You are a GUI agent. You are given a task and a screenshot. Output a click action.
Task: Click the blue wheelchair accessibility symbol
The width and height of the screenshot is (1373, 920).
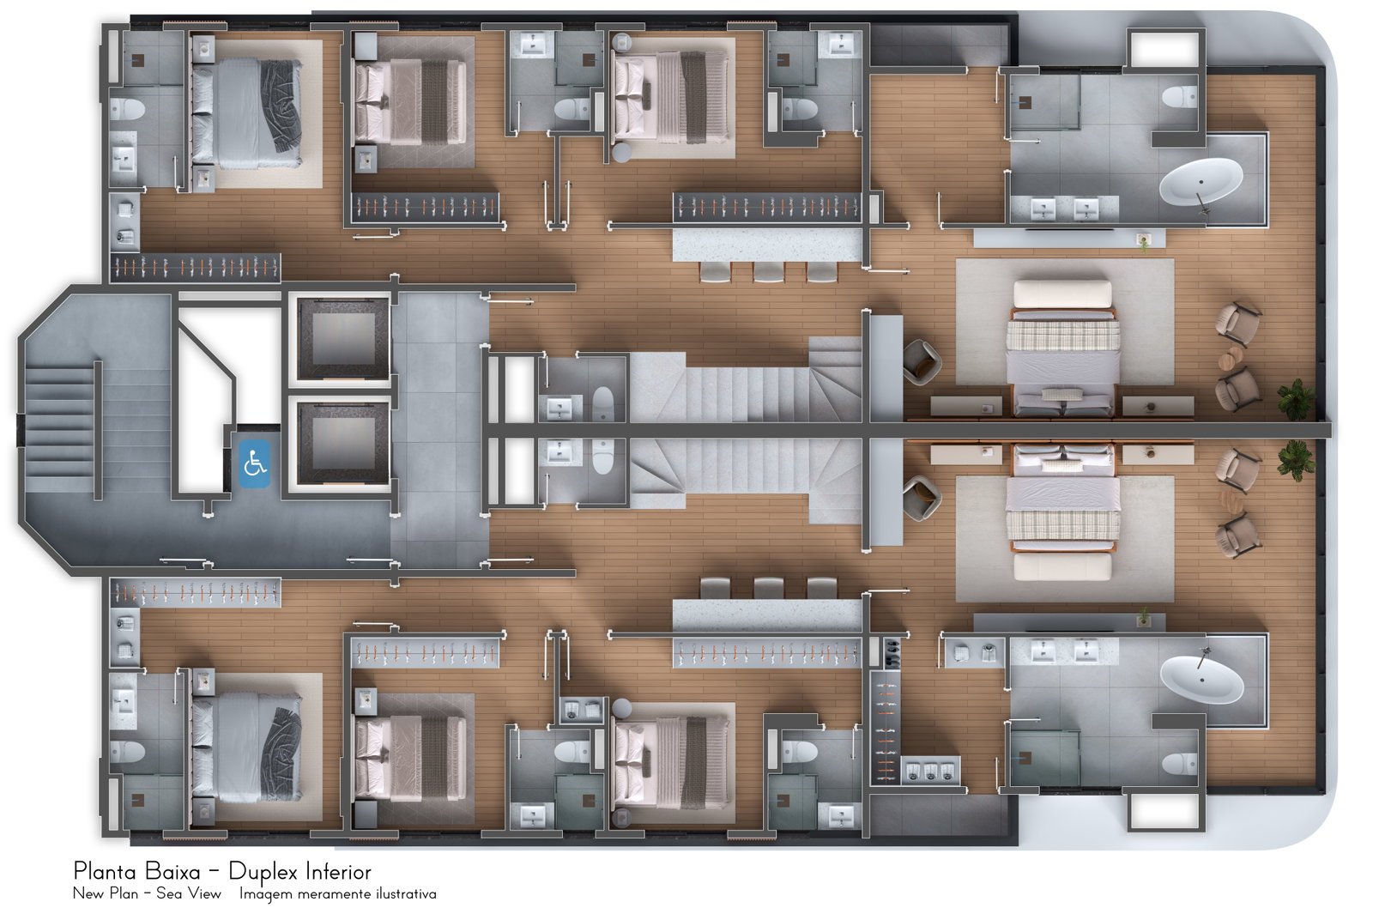coord(254,463)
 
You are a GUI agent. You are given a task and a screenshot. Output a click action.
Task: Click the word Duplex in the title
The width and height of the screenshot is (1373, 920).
coord(263,872)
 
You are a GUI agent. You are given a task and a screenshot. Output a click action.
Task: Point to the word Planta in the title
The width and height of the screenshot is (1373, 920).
coord(106,871)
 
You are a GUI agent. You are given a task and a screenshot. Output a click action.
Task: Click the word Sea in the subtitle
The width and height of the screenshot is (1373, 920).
coord(169,893)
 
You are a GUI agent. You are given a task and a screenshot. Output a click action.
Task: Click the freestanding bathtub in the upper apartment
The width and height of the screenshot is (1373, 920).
coord(1201,181)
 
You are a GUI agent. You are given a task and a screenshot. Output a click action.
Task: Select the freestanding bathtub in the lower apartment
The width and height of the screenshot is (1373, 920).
coord(1201,680)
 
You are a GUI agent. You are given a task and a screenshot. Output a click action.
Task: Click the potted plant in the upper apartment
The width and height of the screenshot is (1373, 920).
coord(1296,399)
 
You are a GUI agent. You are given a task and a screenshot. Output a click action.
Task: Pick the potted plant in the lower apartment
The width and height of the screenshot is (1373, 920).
coord(1296,460)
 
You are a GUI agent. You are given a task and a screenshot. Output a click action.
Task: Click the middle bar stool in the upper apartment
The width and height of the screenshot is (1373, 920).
coord(769,271)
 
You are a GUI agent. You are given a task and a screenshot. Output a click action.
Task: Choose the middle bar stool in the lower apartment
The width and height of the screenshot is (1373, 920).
coord(769,588)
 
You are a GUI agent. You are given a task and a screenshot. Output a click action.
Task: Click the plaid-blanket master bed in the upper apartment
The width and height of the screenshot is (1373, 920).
coord(1063,348)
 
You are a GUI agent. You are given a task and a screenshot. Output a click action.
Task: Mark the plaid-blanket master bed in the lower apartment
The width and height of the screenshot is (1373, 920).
coord(1063,512)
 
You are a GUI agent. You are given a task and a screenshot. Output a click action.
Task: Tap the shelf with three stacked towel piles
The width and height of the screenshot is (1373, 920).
coord(930,770)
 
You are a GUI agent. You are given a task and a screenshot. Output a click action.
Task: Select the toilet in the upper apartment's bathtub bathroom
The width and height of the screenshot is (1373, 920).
coord(1179,97)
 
